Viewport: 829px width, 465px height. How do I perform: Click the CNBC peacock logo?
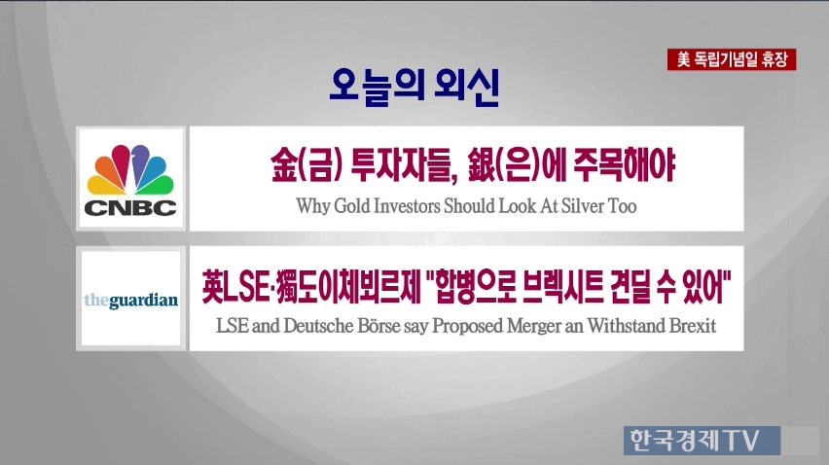(x=130, y=180)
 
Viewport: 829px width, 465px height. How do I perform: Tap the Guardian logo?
(x=130, y=301)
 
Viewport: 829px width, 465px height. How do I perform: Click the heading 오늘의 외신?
(x=414, y=87)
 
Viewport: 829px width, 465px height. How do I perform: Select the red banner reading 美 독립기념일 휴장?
(x=732, y=59)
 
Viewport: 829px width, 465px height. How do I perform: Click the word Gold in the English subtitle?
(x=351, y=206)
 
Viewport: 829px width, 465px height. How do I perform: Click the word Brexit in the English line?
(x=693, y=326)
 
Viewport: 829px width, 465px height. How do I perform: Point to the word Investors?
(x=407, y=206)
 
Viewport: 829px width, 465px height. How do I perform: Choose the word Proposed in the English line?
(x=467, y=326)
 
